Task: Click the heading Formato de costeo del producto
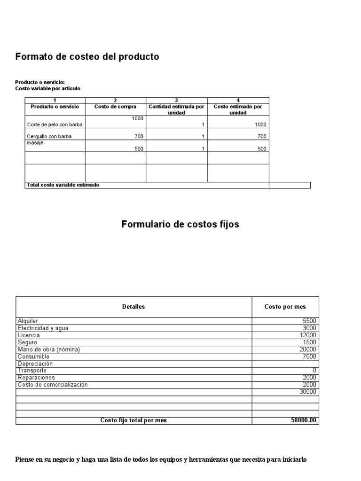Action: coord(87,57)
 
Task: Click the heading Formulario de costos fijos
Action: coord(180,225)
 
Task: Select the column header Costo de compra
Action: coord(115,107)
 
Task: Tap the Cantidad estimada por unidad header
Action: coord(176,110)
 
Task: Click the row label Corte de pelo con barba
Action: coord(51,124)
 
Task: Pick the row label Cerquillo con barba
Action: coord(49,136)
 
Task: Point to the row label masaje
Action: coord(35,143)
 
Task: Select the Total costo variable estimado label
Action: coord(63,185)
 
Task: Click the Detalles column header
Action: coord(133,307)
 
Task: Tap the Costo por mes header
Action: coord(285,307)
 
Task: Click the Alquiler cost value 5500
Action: coord(310,321)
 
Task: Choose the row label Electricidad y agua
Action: coord(43,328)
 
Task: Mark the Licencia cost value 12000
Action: coord(308,335)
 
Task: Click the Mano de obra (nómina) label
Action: coord(48,349)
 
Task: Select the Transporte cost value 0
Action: coord(314,371)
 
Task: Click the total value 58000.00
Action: coord(304,420)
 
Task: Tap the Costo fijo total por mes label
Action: coord(133,420)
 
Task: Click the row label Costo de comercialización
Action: coord(53,385)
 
